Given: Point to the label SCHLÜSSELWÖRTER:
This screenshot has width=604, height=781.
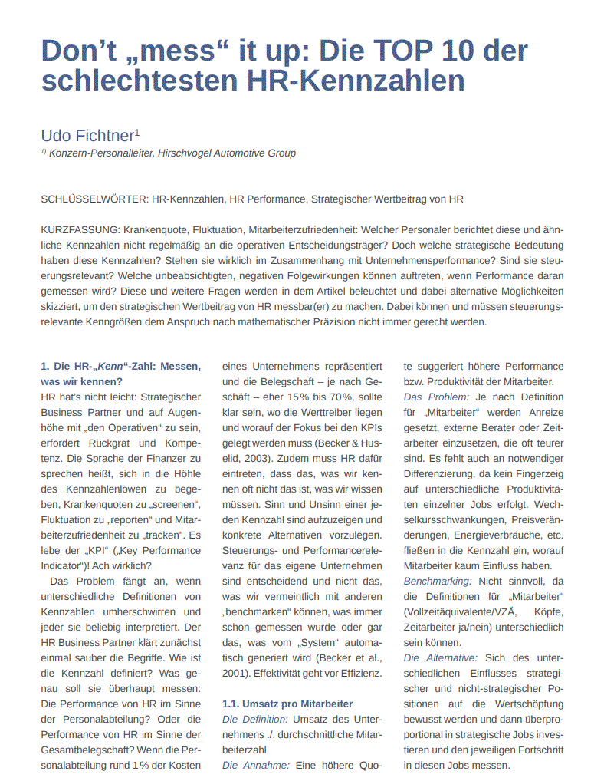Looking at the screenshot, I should (x=94, y=199).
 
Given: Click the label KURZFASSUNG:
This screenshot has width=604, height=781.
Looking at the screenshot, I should (x=80, y=230).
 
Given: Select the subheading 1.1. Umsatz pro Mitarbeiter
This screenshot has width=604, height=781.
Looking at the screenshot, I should (x=287, y=704).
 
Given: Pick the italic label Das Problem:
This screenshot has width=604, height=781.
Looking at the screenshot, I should (x=436, y=397).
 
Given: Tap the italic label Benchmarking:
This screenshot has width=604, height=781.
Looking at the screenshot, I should (x=438, y=582).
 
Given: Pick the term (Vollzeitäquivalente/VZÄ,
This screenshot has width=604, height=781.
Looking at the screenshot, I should (x=459, y=612).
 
